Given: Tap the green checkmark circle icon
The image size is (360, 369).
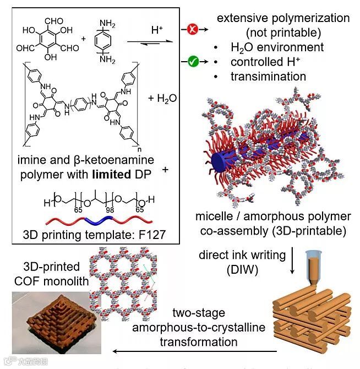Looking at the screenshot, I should click(x=193, y=63).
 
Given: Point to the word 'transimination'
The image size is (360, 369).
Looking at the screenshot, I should click(x=269, y=77).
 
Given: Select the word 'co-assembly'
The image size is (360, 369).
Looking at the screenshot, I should click(x=261, y=230).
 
